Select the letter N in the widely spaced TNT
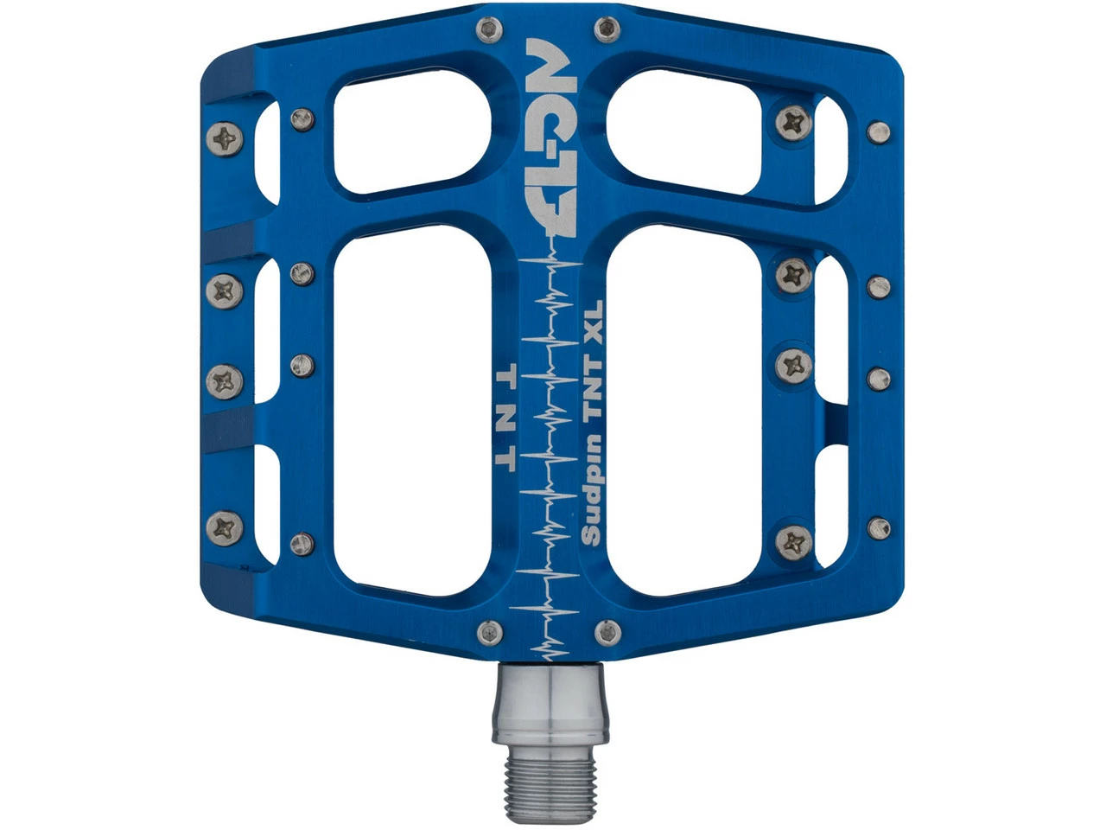tap(506, 417)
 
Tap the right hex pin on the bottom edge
tap(607, 633)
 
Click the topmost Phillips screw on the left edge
tap(226, 138)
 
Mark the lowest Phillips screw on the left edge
tap(227, 525)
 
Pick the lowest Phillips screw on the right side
tap(793, 542)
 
